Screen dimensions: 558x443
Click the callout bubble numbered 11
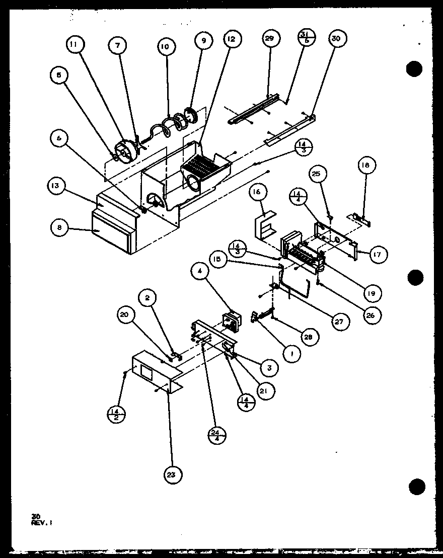(x=75, y=45)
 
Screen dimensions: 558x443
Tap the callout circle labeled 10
(x=166, y=47)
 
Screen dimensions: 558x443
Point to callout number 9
(x=203, y=42)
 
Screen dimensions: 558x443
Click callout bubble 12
(x=233, y=39)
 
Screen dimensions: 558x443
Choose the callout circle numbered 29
(x=271, y=39)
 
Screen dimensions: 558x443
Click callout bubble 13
(x=55, y=186)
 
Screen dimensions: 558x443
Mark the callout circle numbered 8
(x=60, y=227)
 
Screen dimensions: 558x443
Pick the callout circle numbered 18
(x=366, y=165)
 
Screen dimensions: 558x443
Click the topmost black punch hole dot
(x=414, y=68)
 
